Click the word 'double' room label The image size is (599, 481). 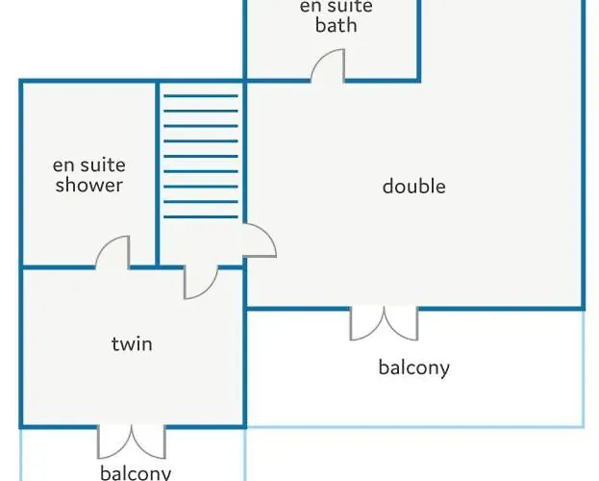(x=414, y=187)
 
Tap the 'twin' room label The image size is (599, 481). (x=132, y=343)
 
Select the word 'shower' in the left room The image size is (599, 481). (x=89, y=185)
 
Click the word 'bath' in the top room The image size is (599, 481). (x=337, y=25)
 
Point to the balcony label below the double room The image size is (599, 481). (x=414, y=367)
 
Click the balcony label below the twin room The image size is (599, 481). (x=136, y=472)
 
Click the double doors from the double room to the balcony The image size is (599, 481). (x=384, y=323)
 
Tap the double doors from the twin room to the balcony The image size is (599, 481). (x=132, y=442)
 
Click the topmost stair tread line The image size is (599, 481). (x=201, y=96)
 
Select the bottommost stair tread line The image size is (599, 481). (x=201, y=216)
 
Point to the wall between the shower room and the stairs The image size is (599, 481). (x=157, y=173)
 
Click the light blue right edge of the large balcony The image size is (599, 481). (x=584, y=368)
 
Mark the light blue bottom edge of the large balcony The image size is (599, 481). (x=414, y=426)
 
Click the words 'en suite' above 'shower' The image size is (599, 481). (x=89, y=165)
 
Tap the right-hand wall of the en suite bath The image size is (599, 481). (x=418, y=40)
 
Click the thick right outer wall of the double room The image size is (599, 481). (x=584, y=155)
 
